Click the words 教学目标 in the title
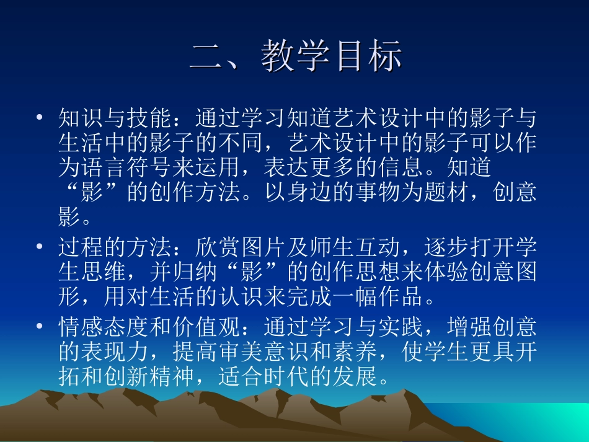click(332, 56)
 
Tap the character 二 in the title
click(208, 56)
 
